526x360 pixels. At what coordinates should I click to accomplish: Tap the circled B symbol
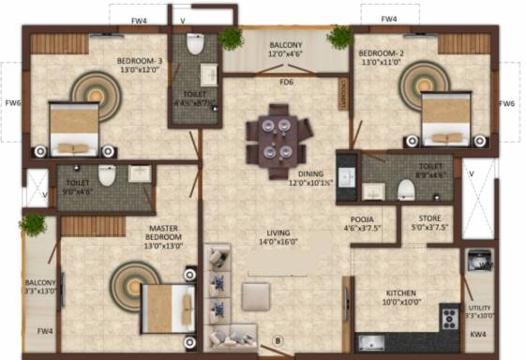tap(278, 339)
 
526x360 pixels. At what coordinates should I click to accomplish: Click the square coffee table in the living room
tap(257, 296)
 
